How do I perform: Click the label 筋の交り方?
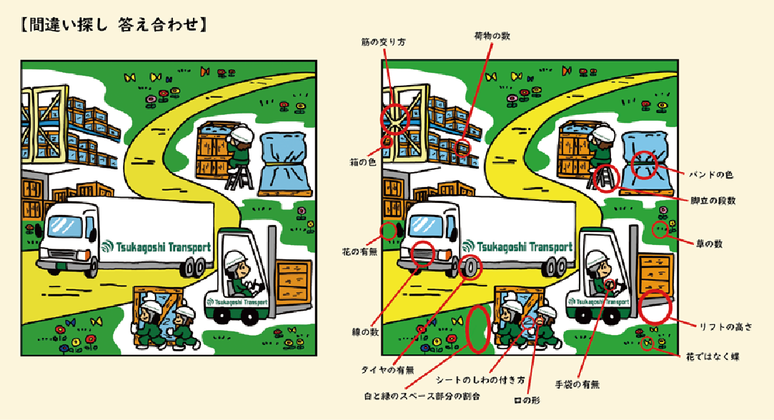[384, 42]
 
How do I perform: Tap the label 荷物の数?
[492, 36]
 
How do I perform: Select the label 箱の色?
[363, 162]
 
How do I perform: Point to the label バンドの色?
[711, 175]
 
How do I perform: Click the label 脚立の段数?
[713, 201]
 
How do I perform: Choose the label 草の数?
[710, 244]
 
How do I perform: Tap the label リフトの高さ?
[725, 326]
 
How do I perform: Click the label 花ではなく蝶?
[713, 357]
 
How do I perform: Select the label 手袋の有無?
[577, 384]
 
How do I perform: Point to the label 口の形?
[527, 400]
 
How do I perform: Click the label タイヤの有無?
[387, 370]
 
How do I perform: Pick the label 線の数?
[365, 332]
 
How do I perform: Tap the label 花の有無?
[360, 251]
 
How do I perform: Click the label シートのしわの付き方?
[480, 381]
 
